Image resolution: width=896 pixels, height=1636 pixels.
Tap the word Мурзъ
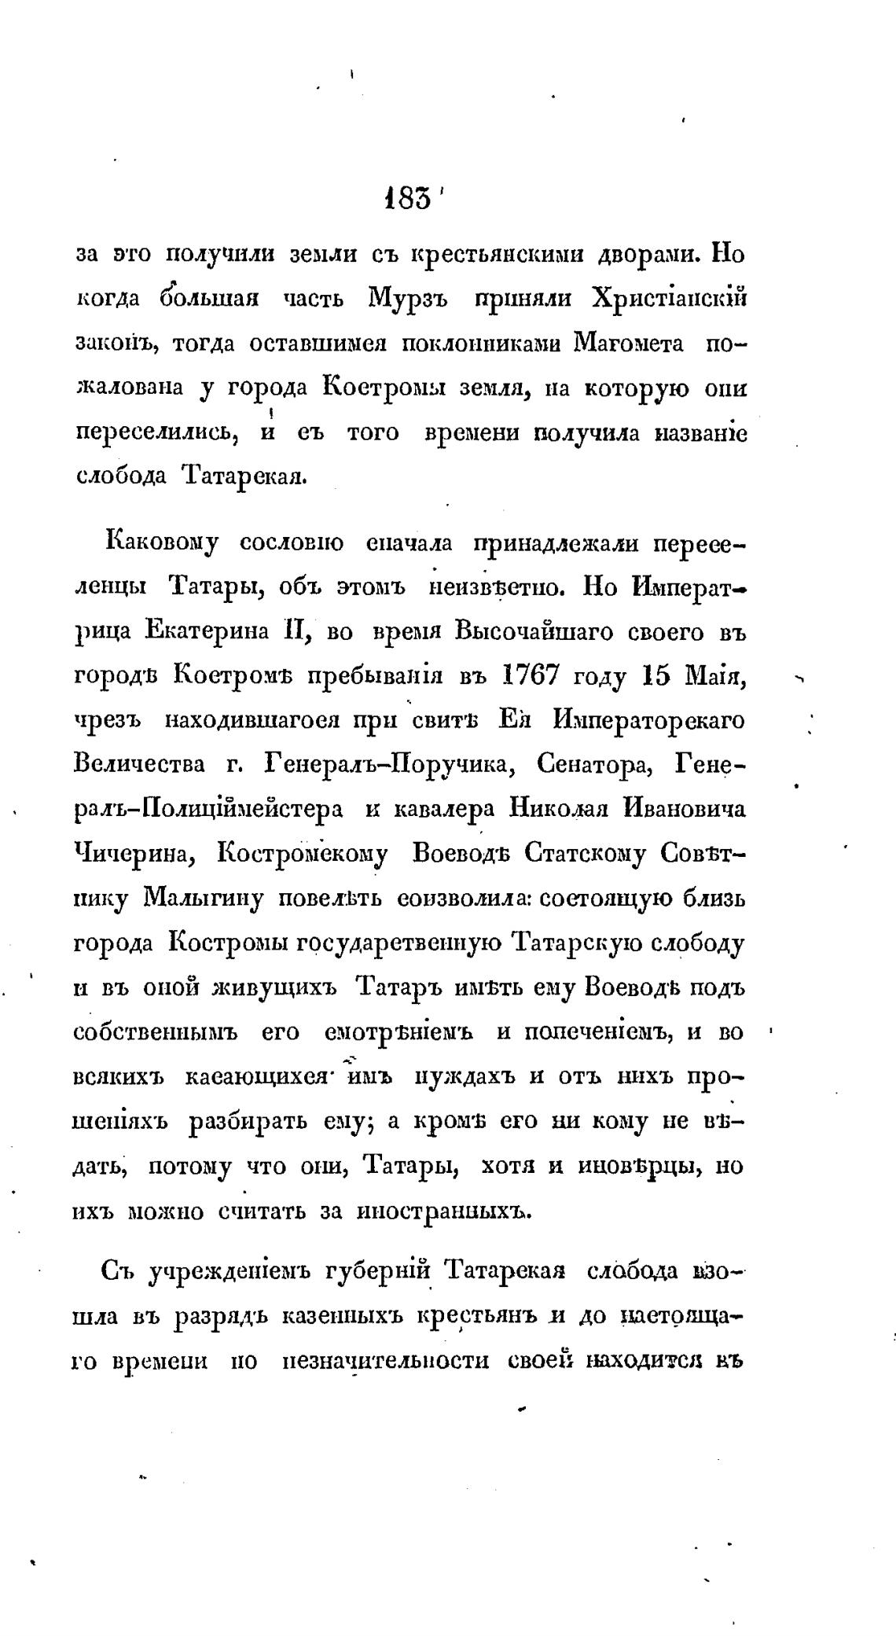pos(410,299)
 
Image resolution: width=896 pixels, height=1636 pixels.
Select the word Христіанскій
pos(668,299)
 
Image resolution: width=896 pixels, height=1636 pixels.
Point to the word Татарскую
pos(578,942)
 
